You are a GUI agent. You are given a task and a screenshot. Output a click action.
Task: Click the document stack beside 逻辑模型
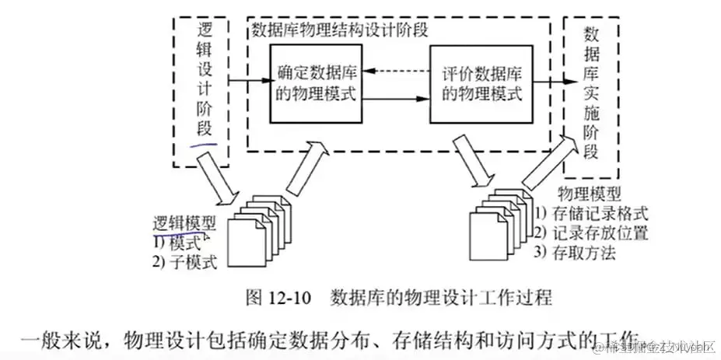pos(260,229)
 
